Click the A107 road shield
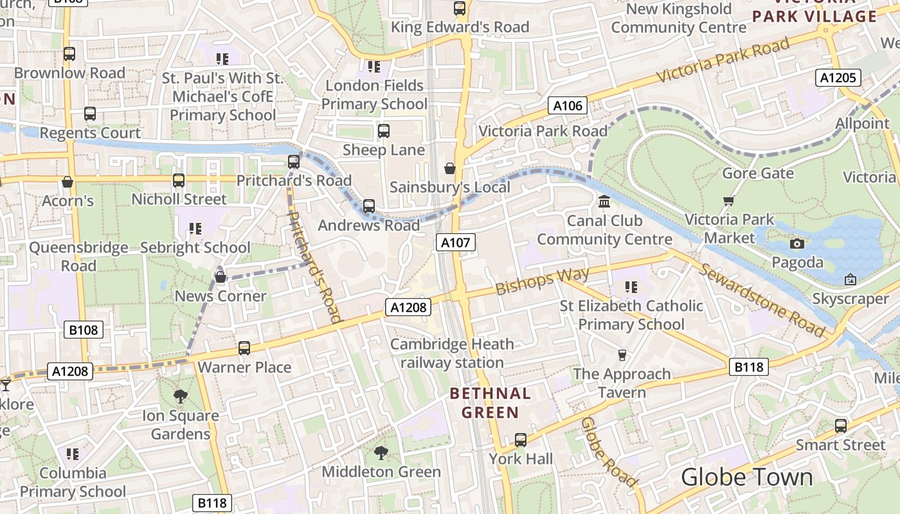pos(456,242)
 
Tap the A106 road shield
pos(568,105)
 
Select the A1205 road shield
pos(838,78)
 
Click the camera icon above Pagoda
pos(797,244)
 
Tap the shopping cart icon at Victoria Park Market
pos(728,201)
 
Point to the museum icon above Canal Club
pos(604,202)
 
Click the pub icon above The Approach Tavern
pos(622,355)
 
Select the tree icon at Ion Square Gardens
pos(181,396)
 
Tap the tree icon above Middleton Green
pos(381,452)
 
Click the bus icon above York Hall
pos(521,440)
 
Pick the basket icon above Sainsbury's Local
pos(450,168)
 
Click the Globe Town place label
pos(746,477)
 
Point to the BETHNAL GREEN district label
pos(491,403)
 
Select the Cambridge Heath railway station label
pos(452,353)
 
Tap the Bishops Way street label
pos(543,281)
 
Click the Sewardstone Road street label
pos(762,300)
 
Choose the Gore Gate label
pos(758,173)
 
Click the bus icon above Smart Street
pos(840,425)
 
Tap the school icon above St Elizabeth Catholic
pos(631,287)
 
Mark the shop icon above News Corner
pos(221,277)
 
